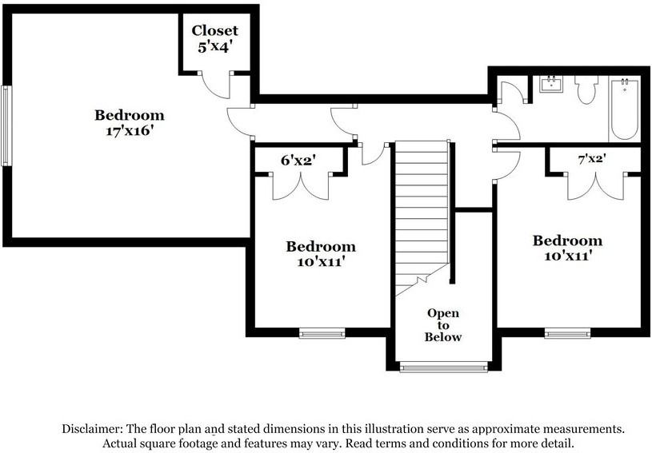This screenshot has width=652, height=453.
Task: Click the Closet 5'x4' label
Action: coord(214,38)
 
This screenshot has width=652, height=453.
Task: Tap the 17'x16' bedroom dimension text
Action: coord(130,131)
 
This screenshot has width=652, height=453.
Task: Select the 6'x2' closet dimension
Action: coord(298,160)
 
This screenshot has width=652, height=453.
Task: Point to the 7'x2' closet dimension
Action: coord(592,158)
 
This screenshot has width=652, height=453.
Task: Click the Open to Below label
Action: coord(443,324)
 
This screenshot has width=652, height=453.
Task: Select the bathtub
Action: coord(625,109)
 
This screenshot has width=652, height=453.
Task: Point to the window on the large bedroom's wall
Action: coord(6,125)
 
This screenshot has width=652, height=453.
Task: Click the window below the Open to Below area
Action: coord(443,367)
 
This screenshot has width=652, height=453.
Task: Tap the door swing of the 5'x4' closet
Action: coord(216,85)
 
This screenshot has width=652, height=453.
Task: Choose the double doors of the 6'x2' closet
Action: coord(301,186)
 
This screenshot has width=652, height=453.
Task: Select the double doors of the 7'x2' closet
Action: coord(596,186)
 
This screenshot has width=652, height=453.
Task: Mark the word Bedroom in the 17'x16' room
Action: coord(130,115)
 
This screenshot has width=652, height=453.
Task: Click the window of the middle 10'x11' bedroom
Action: coord(322,333)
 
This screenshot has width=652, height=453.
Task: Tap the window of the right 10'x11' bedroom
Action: coord(567,333)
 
